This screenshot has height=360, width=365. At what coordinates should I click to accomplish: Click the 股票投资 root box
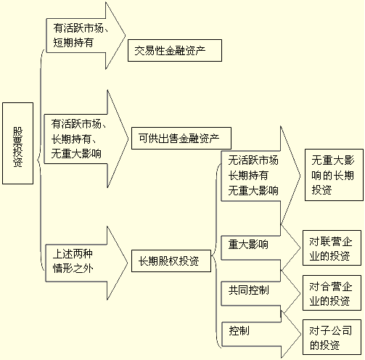click(17, 143)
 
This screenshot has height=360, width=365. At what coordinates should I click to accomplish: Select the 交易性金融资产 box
click(175, 50)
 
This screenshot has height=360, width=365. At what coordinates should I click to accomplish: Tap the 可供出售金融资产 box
click(181, 138)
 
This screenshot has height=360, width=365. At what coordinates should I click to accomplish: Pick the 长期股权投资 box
click(171, 261)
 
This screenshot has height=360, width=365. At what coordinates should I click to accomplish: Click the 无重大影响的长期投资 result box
click(334, 175)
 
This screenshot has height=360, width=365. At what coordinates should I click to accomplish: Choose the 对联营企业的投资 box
click(332, 248)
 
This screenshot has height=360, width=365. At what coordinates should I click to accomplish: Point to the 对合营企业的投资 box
click(332, 292)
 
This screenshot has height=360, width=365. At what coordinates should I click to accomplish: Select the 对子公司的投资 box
click(332, 337)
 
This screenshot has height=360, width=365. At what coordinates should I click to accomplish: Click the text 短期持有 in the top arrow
click(73, 43)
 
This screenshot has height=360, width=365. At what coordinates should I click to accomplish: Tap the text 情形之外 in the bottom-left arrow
click(73, 269)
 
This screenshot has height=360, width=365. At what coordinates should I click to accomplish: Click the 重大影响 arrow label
click(248, 245)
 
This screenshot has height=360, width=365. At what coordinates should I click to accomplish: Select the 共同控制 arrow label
click(248, 290)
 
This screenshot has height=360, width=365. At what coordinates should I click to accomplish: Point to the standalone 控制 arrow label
click(239, 331)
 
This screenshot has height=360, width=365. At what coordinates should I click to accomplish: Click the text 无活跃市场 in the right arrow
click(253, 160)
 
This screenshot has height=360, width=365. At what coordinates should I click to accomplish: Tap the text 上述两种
click(73, 254)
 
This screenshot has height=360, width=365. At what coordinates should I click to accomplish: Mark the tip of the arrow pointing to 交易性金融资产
click(126, 36)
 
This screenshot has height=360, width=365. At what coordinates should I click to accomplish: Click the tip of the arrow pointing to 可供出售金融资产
click(128, 139)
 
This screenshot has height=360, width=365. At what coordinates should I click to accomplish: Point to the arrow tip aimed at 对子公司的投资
click(301, 335)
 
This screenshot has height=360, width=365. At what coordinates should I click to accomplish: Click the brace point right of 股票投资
click(37, 160)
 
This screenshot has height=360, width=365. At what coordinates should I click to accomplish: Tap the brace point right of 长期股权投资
click(212, 255)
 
